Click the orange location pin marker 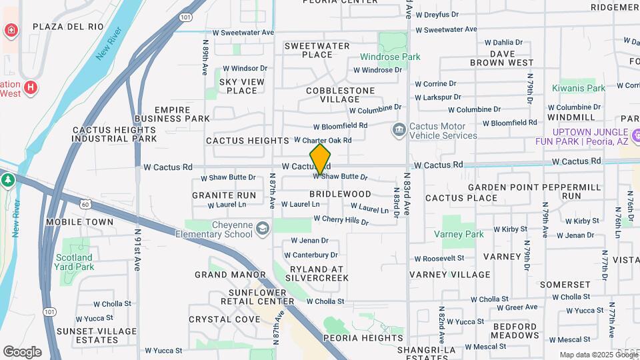click(321, 159)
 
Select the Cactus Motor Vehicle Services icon click(399, 129)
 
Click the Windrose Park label click(390, 57)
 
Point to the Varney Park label click(459, 235)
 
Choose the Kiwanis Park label click(578, 88)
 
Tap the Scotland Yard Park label click(74, 262)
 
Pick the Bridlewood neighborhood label click(340, 193)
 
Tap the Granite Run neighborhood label click(224, 195)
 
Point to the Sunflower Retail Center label click(262, 297)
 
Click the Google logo click(22, 351)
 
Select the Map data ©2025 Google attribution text click(598, 355)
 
